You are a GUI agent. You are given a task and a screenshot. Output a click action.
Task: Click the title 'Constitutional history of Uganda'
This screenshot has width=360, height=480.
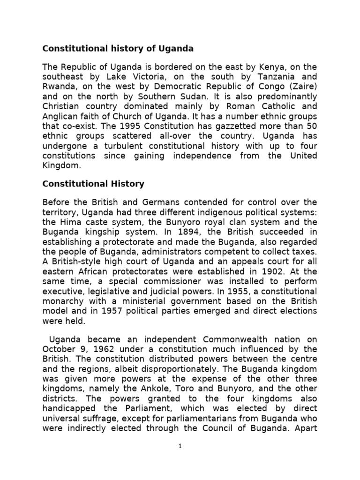tap(118, 48)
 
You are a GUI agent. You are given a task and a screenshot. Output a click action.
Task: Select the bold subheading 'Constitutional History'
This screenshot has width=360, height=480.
tap(93, 184)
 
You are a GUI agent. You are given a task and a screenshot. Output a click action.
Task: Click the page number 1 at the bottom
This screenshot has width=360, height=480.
tap(180, 447)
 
